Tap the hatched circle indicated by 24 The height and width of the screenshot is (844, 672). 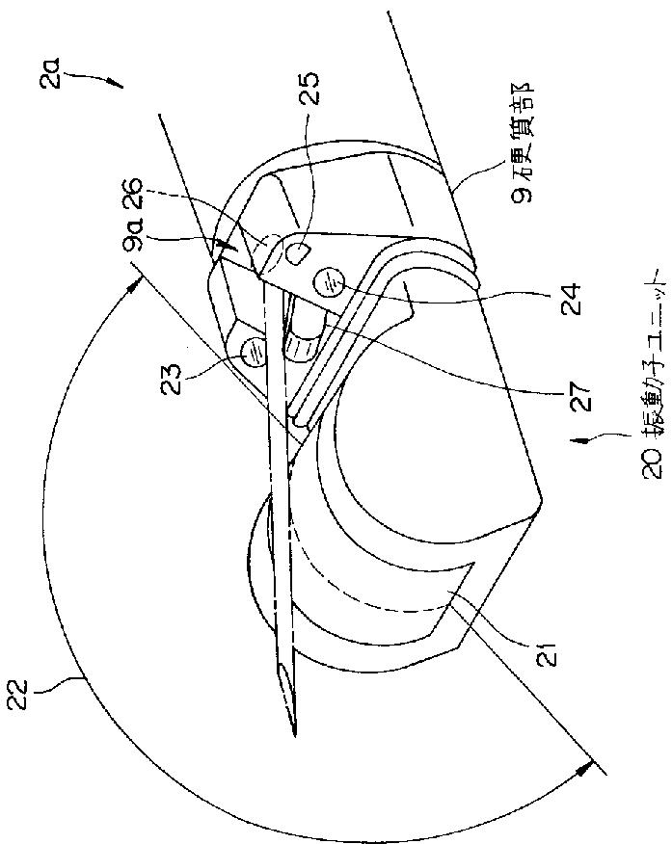coord(328,282)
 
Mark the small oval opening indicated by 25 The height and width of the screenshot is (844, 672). coord(296,253)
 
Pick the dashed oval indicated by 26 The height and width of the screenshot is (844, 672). coord(270,239)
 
